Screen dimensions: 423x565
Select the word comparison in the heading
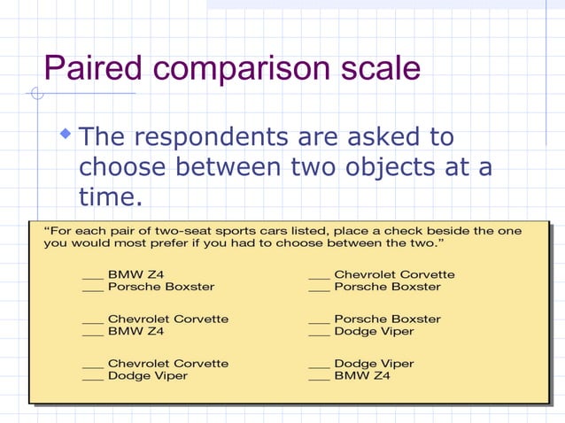tap(250, 68)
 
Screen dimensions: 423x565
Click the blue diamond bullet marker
tap(65, 135)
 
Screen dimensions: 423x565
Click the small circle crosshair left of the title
tap(35, 93)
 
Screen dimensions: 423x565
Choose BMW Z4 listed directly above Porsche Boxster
tap(135, 274)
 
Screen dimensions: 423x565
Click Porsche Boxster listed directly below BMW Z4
tap(160, 287)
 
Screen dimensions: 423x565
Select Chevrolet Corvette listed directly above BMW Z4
tap(167, 319)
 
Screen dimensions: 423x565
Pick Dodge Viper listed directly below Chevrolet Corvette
tap(147, 375)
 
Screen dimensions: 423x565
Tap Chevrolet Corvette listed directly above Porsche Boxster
tap(393, 274)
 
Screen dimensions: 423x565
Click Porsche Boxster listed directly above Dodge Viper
tap(386, 319)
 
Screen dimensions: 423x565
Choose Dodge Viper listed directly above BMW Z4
tap(373, 363)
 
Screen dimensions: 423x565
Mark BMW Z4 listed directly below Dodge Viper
tap(361, 375)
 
